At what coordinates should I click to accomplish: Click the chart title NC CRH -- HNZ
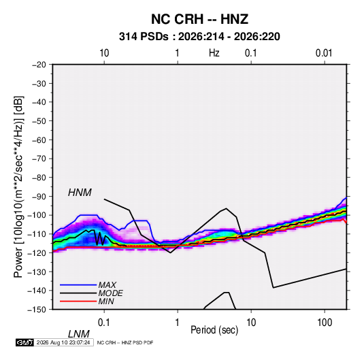pos(199,19)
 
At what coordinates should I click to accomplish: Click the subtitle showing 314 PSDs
pos(199,37)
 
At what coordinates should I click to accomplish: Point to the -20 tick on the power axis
pos(39,65)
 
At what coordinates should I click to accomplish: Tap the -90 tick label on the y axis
pos(39,197)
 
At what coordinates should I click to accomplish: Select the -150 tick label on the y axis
pos(37,310)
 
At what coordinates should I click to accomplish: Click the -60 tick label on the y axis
pos(39,140)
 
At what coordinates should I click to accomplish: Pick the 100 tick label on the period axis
pos(325,323)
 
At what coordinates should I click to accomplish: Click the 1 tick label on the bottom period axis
pos(178,323)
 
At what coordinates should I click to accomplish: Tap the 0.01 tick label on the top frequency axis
pos(324,53)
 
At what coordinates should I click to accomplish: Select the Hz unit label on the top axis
pos(214,53)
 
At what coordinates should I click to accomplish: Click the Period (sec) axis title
pos(214,330)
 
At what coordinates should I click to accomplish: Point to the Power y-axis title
pos(18,186)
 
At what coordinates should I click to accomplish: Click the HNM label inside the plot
pos(80,193)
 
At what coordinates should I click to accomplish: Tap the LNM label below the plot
pos(78,334)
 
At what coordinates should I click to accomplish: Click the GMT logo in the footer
pos(24,342)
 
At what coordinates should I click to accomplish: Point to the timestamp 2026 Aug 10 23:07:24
pos(63,342)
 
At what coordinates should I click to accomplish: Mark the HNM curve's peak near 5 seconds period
pos(227,208)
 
